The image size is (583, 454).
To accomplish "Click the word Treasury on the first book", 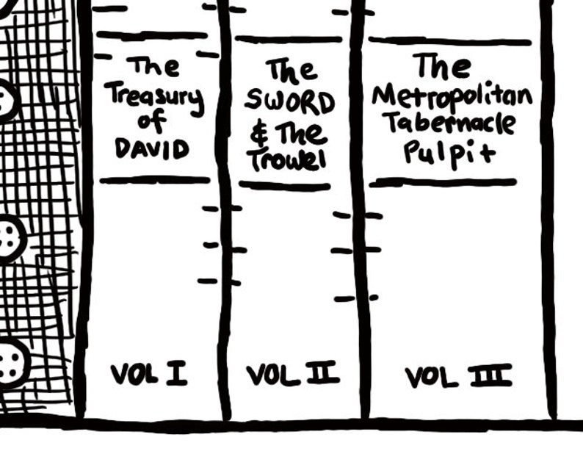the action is pyautogui.click(x=155, y=98).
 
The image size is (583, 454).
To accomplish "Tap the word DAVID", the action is pyautogui.click(x=152, y=149).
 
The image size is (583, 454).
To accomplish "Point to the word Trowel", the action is pyautogui.click(x=288, y=161).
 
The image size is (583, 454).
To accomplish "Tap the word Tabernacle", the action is pyautogui.click(x=451, y=123).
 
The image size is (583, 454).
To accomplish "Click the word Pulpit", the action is pyautogui.click(x=450, y=154).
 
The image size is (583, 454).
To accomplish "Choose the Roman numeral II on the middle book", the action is pyautogui.click(x=323, y=373).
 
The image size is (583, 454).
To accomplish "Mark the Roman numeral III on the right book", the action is pyautogui.click(x=491, y=376).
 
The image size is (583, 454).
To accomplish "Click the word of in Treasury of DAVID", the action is pyautogui.click(x=152, y=121).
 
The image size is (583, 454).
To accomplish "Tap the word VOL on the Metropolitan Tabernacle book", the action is pyautogui.click(x=431, y=378).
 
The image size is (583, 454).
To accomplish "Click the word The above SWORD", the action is pyautogui.click(x=291, y=70).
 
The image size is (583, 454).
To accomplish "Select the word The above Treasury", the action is pyautogui.click(x=153, y=66).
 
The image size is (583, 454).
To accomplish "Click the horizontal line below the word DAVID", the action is pyautogui.click(x=155, y=180).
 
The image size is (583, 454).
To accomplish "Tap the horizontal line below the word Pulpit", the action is pyautogui.click(x=443, y=182).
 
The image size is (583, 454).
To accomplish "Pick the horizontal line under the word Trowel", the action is pyautogui.click(x=285, y=186).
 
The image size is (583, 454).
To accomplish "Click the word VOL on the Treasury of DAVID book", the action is pyautogui.click(x=134, y=374).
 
